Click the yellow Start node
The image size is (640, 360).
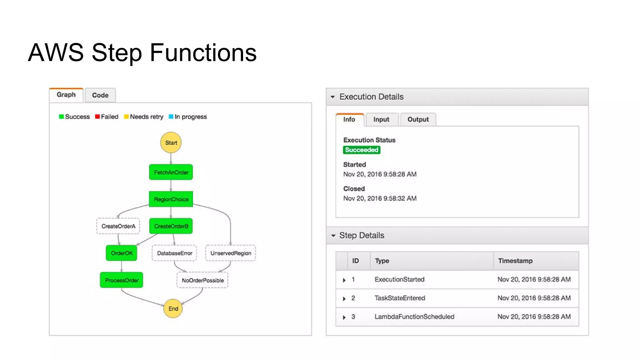171,142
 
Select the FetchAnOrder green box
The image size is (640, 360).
171,172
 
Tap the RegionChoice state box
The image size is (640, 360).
171,199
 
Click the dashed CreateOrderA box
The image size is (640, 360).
118,226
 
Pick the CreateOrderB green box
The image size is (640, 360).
171,226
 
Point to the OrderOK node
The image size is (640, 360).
122,253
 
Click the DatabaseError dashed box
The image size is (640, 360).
174,253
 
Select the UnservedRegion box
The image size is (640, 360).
231,253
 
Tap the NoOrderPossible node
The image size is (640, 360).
202,280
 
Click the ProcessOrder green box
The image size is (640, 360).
122,280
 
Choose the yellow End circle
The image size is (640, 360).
173,308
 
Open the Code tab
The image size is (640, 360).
100,95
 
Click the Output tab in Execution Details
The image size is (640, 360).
418,119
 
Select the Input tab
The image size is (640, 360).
381,119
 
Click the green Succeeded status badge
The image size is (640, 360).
361,150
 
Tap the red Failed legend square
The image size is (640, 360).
97,117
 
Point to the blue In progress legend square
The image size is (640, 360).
171,117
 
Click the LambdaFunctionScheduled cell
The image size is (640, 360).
414,317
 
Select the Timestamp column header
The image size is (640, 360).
515,261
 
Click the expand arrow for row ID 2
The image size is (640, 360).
344,299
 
